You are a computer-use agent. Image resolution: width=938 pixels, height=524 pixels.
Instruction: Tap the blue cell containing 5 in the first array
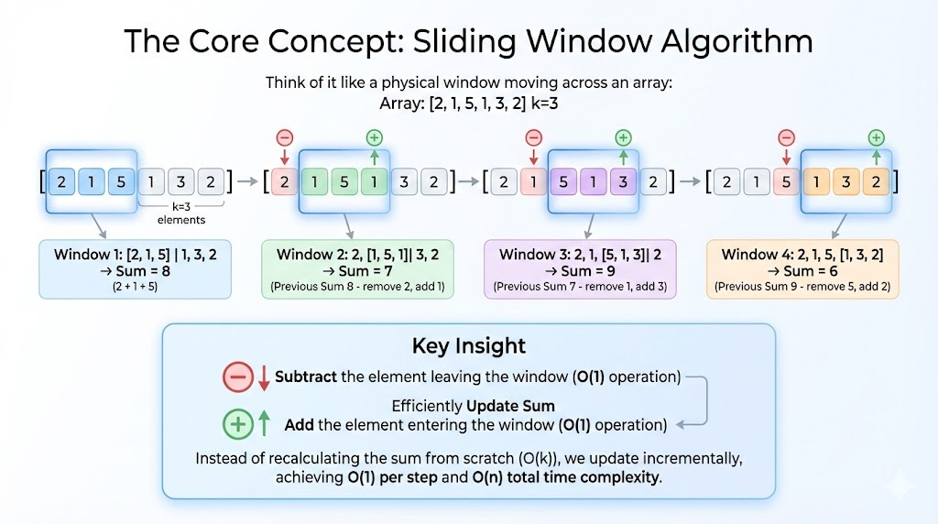120,181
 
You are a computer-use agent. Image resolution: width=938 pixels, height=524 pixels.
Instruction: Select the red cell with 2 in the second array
284,181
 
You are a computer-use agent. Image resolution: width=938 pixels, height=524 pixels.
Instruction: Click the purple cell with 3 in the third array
623,181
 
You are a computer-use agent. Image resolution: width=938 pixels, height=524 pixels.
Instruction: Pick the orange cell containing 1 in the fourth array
815,181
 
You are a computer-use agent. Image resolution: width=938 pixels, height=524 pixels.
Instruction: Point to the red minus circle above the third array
534,138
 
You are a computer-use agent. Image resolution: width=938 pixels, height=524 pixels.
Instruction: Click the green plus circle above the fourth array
876,138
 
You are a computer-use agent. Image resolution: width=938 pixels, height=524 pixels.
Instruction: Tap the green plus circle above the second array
374,138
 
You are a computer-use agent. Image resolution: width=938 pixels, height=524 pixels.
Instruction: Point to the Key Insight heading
469,345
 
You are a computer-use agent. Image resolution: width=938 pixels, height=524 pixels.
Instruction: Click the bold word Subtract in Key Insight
306,377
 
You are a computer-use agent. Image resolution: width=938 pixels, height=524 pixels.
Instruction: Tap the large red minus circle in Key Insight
237,377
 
